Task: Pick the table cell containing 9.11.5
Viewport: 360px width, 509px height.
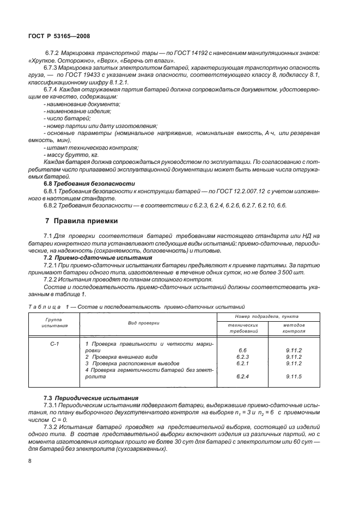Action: (x=294, y=376)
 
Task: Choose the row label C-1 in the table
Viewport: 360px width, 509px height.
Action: (x=54, y=344)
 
